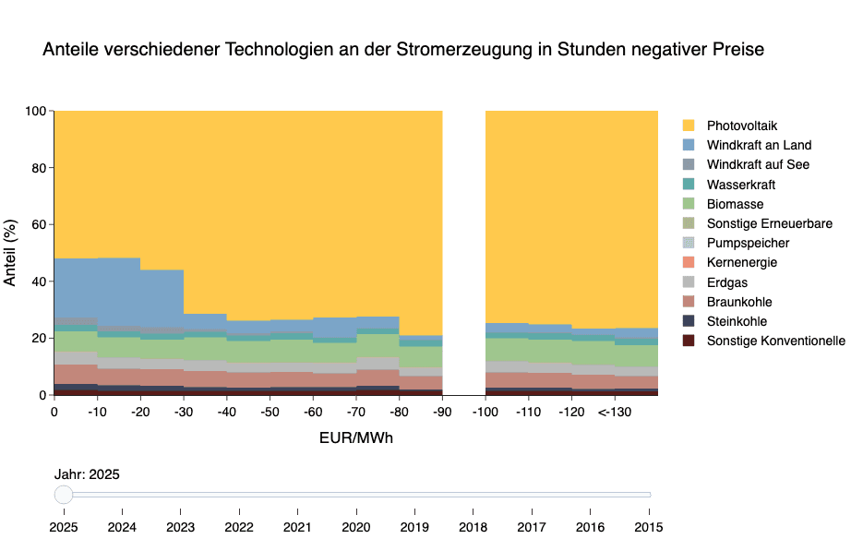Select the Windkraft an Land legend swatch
[689, 145]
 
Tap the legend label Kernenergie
[741, 263]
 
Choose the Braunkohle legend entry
[739, 302]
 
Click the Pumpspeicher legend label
[748, 243]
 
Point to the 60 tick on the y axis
[37, 224]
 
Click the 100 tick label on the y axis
[34, 111]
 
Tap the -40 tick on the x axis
[226, 411]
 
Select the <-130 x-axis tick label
[614, 411]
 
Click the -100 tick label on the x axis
[485, 411]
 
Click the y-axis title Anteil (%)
[11, 252]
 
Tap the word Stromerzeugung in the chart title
[461, 50]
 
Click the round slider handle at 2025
[64, 495]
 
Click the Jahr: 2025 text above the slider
[87, 474]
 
